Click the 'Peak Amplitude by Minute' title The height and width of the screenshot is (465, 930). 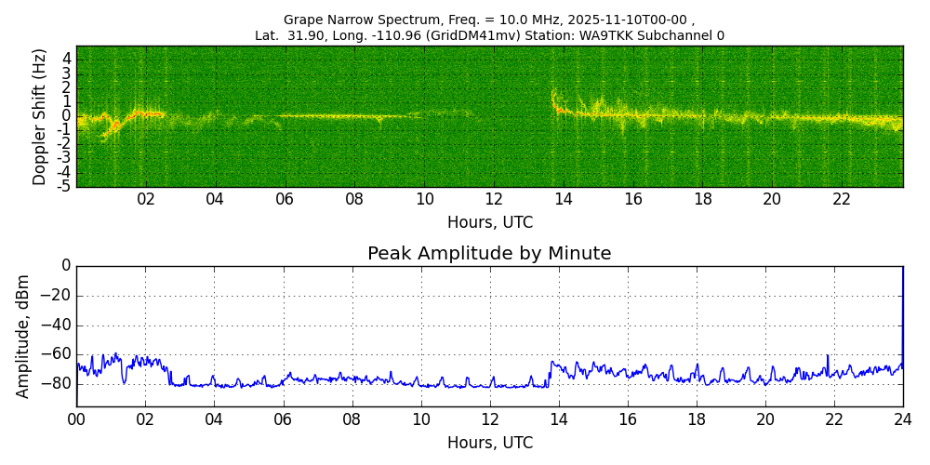pos(489,254)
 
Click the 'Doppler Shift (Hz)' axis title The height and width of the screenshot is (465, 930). pos(40,117)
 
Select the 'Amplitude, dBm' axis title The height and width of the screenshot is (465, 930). pos(23,336)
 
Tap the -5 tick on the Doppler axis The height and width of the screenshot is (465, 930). pos(65,187)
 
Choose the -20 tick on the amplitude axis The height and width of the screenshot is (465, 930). pos(58,296)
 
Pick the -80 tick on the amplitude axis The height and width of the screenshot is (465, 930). pos(58,383)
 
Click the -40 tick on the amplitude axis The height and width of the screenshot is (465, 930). pos(58,325)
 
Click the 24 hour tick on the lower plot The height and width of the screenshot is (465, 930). pos(903,420)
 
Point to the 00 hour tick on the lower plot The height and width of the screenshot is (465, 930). pos(76,420)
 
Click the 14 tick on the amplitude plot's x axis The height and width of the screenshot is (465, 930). pos(558,420)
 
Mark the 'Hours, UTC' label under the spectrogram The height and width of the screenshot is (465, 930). pos(489,223)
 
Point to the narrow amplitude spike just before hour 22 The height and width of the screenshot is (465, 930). pos(828,357)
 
